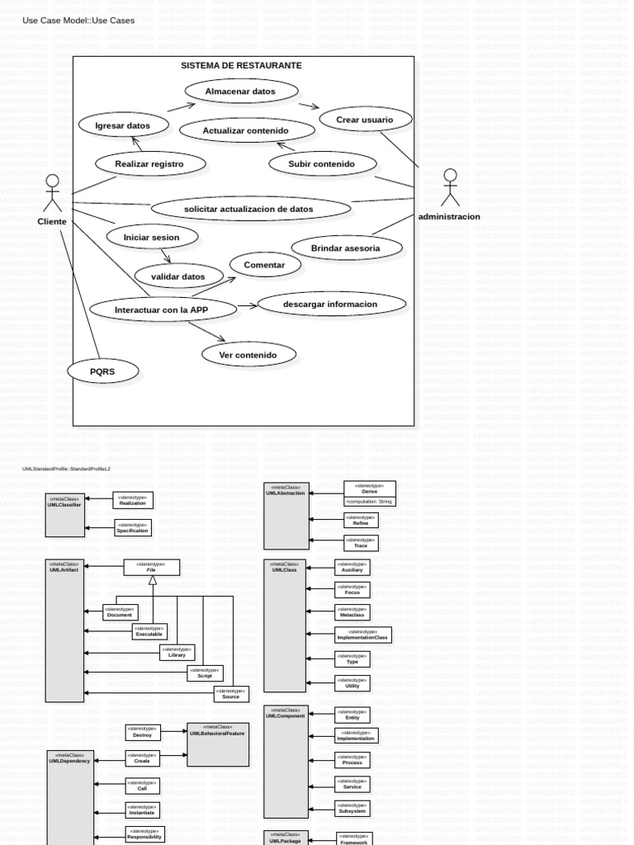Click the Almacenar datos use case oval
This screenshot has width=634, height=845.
coord(241,91)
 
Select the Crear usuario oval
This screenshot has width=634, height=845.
coord(365,120)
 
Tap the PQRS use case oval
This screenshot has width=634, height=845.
coord(102,371)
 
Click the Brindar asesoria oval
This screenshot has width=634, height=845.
coord(346,248)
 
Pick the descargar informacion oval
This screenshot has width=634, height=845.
coord(331,304)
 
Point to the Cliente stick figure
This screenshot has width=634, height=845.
coord(53,193)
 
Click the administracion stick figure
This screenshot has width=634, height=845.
coord(450,187)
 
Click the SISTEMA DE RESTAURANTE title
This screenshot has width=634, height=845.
coord(241,65)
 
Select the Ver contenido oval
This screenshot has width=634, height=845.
coord(248,355)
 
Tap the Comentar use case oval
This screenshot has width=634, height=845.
coord(264,265)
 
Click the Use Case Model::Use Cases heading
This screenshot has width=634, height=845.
coord(78,20)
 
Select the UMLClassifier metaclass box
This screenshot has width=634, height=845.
coord(65,515)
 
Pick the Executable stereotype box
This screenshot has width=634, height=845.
coord(149,631)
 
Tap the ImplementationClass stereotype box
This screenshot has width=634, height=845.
coord(363,635)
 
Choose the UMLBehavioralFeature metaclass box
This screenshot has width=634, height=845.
coord(218,744)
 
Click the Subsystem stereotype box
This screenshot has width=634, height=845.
coord(352,809)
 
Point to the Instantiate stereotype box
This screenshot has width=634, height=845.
coord(142,810)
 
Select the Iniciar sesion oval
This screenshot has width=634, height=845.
coord(154,237)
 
